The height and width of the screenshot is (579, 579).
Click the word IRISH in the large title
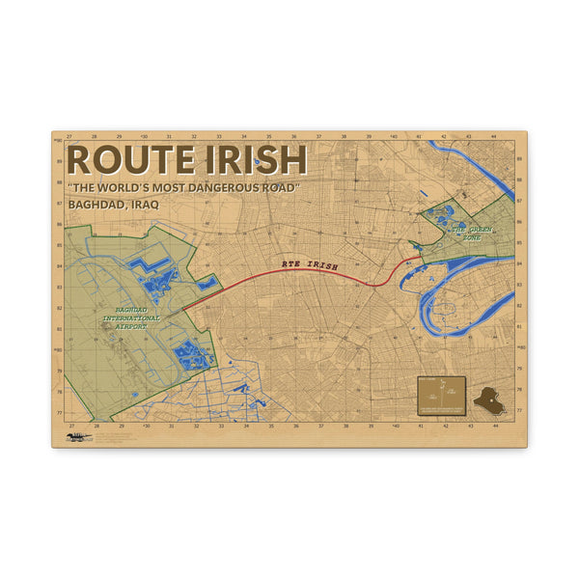[x=252, y=160]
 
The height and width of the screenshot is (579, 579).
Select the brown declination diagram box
[x=441, y=395]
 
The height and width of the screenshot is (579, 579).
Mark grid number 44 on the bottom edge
[x=495, y=425]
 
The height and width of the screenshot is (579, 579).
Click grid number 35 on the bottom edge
[x=270, y=425]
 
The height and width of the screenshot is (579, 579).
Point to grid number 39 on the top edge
[x=370, y=136]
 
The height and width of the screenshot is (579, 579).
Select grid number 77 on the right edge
[x=520, y=411]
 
